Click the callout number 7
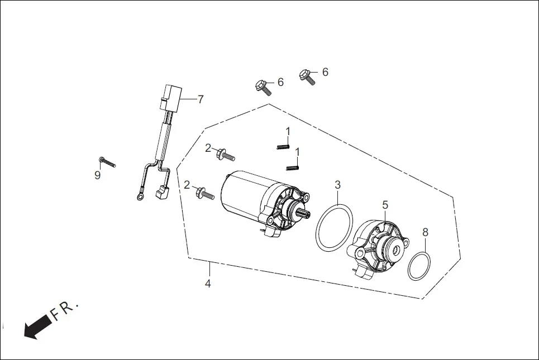point(201,99)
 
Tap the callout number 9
point(97,175)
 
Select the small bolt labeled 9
point(107,162)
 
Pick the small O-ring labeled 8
point(419,266)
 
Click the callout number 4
point(208,283)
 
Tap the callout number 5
point(385,205)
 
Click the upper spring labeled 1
point(283,146)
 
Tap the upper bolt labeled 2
point(226,153)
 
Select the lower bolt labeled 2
point(205,194)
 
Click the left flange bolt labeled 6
point(263,87)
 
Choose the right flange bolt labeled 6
point(307,76)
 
